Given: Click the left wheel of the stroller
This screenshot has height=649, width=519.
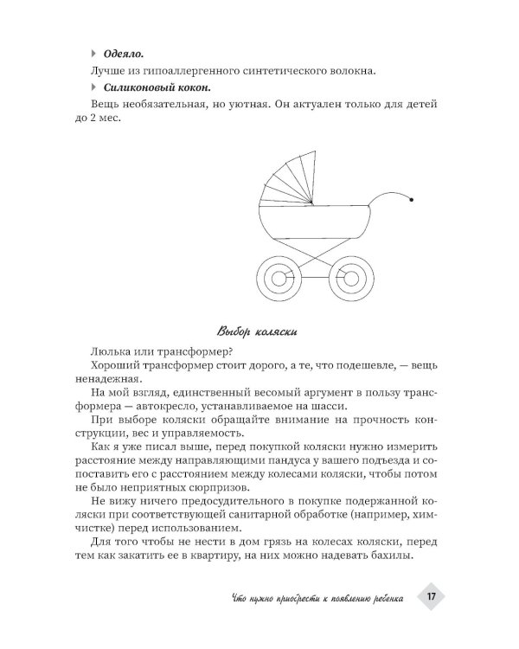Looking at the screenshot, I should pos(281,278).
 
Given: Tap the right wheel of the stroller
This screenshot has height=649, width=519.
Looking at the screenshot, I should pos(349,278).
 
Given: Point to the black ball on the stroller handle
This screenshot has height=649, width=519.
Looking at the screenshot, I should pos(411,201).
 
